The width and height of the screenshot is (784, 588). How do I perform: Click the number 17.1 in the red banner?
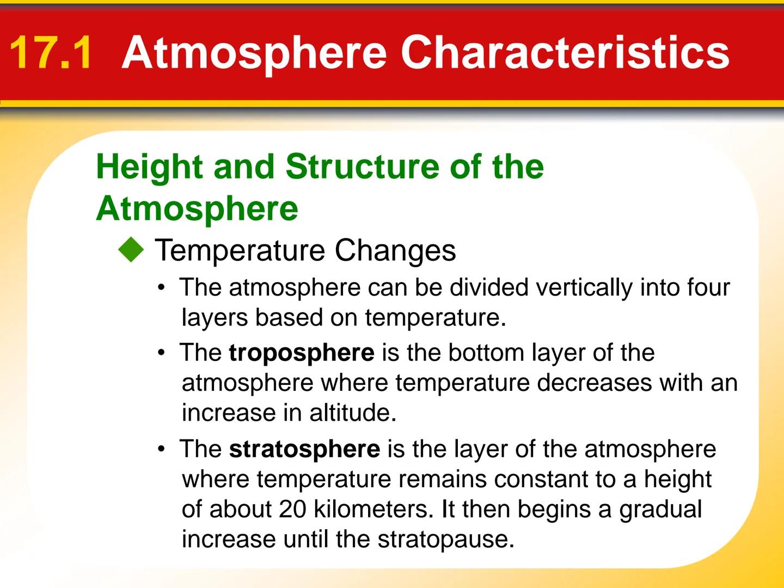[51, 53]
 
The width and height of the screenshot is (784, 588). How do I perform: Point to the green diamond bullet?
[131, 250]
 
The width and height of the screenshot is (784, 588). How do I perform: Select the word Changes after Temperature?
[395, 250]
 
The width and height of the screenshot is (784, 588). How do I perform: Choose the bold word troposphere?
[301, 353]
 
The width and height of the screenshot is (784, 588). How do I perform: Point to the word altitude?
[352, 413]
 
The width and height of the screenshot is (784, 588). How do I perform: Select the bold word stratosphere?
[304, 449]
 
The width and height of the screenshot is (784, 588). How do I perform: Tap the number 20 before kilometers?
[293, 509]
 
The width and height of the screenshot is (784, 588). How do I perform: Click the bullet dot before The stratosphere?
[161, 450]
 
